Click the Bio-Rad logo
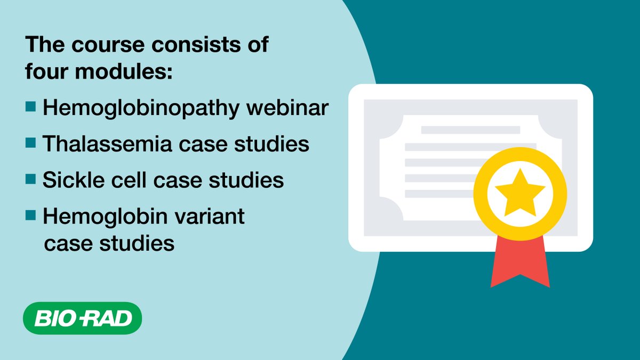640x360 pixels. pos(83,319)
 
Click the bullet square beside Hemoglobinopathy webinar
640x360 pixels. pos(31,107)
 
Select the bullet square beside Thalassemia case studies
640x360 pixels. pos(31,142)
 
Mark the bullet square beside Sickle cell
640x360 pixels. pos(31,179)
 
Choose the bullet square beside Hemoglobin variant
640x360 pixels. pos(31,215)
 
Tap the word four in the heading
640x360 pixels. pos(47,72)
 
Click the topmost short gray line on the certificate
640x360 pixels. pos(470,130)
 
